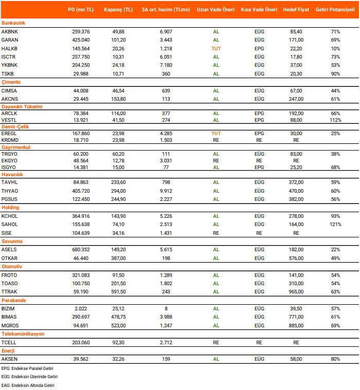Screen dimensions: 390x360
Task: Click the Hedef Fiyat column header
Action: [x=296, y=9]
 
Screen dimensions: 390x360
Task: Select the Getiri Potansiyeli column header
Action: [x=335, y=9]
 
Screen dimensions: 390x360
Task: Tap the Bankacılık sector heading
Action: [x=13, y=23]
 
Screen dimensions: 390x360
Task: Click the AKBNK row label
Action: [x=10, y=31]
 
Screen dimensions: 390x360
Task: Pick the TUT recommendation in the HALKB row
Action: [x=216, y=48]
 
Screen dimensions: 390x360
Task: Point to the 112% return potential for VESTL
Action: [x=335, y=120]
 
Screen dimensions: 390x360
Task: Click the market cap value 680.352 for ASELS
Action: [x=81, y=250]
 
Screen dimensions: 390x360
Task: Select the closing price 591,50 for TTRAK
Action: [x=118, y=292]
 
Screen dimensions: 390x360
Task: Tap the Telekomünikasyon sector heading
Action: [x=23, y=334]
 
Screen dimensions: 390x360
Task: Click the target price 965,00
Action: [x=296, y=292]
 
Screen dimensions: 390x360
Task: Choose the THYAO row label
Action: [x=10, y=191]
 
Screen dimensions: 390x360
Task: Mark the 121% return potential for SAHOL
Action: [x=335, y=225]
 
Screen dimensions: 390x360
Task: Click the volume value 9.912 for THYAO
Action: [x=166, y=191]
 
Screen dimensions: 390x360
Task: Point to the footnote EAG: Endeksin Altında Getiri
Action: [x=27, y=385]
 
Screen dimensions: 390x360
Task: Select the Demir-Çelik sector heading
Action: [x=16, y=125]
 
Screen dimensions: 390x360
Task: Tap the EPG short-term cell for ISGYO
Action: [x=259, y=167]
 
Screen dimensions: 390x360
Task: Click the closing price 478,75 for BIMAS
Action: [x=118, y=317]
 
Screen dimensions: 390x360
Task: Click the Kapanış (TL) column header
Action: [x=118, y=9]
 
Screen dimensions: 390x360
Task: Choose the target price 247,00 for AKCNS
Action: [x=296, y=99]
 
